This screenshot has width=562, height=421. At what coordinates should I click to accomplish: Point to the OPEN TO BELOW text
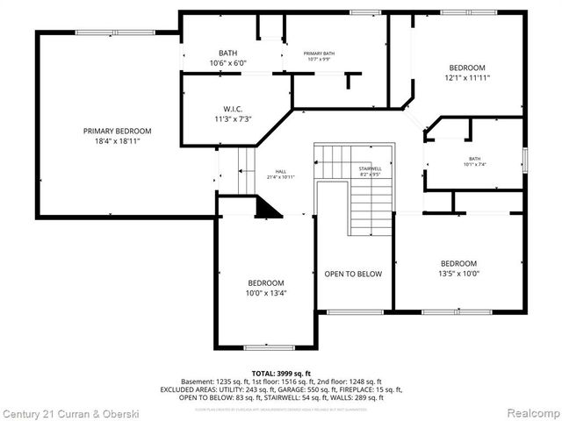[x=353, y=275]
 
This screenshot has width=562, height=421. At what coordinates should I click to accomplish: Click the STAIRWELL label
[x=369, y=168]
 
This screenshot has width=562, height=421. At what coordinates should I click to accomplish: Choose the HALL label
[x=281, y=172]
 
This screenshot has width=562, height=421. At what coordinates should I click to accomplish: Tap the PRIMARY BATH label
[x=320, y=54]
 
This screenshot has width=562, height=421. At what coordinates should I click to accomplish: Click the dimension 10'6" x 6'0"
[x=228, y=64]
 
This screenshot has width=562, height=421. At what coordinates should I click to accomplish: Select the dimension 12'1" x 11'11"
[x=466, y=78]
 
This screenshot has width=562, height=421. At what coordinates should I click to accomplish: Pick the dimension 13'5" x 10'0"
[x=458, y=274]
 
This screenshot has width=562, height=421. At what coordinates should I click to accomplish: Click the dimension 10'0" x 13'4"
[x=266, y=293]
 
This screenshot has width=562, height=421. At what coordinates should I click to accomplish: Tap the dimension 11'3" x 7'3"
[x=233, y=119]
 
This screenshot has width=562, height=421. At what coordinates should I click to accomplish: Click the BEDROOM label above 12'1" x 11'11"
[x=466, y=68]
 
